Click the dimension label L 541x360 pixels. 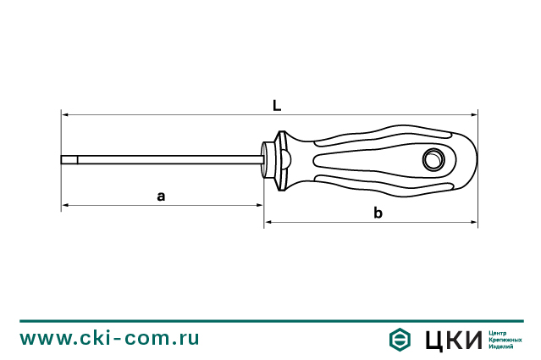[x=277, y=106]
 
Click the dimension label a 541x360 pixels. [x=161, y=196]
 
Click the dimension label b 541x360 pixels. [x=378, y=213]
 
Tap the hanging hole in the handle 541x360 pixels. [x=434, y=158]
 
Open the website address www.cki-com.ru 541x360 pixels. [x=110, y=338]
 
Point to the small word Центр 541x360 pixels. [x=499, y=331]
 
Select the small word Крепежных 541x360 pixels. [x=505, y=339]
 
